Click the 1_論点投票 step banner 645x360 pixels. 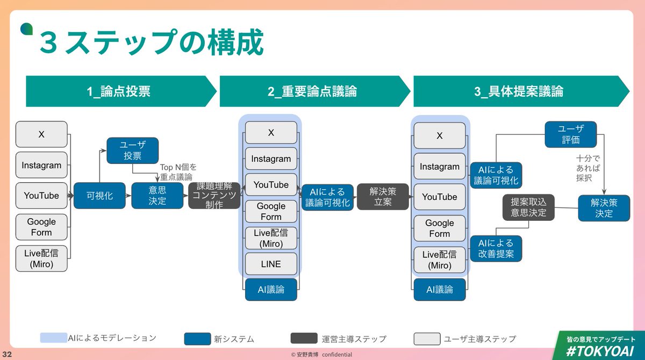(118, 92)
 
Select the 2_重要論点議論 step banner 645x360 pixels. (312, 92)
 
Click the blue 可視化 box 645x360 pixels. (99, 196)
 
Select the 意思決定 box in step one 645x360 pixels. (157, 196)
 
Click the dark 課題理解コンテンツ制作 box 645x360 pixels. (214, 196)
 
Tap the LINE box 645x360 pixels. (271, 264)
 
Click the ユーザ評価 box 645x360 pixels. (570, 134)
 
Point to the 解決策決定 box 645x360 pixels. (604, 208)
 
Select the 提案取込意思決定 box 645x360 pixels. (528, 207)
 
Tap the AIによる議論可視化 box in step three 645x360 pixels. (496, 175)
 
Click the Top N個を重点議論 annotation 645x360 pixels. (176, 172)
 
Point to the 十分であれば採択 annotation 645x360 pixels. (584, 168)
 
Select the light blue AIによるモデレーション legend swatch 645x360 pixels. (53, 338)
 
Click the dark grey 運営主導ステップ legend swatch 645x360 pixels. (304, 339)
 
